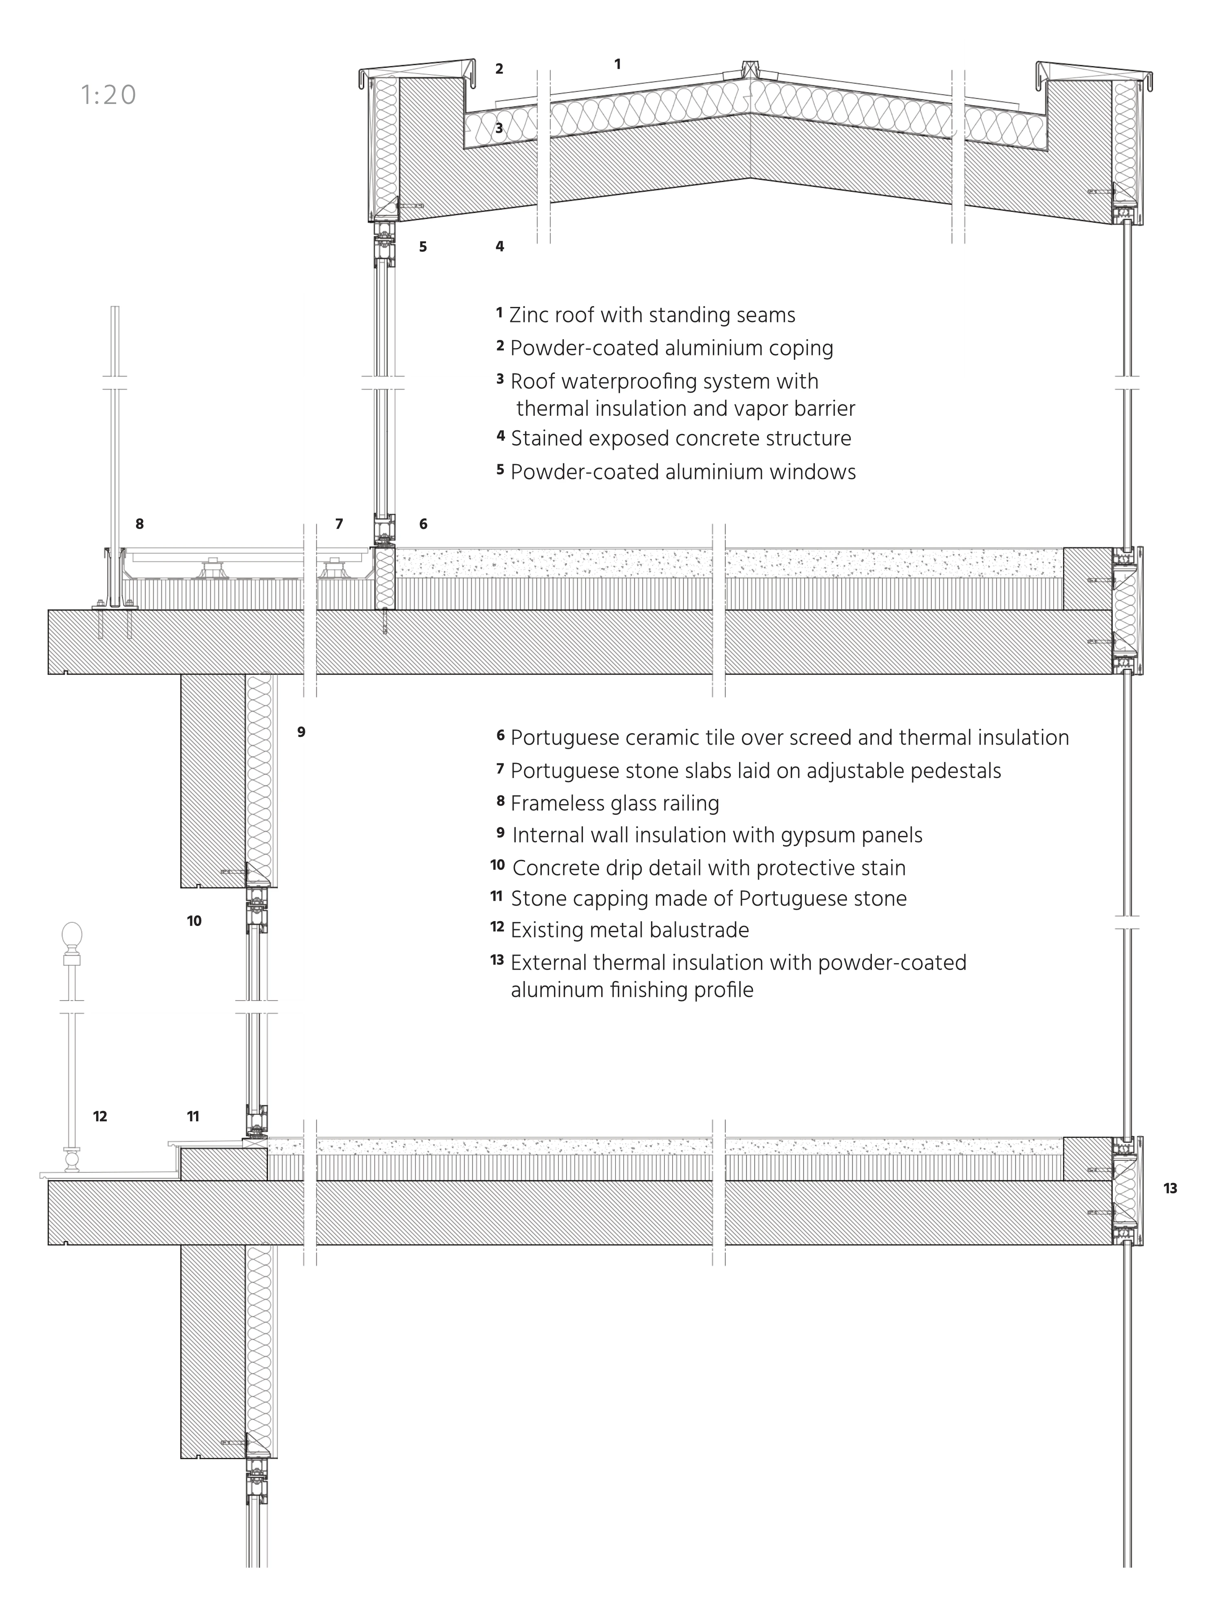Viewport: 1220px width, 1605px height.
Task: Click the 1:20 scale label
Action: [108, 95]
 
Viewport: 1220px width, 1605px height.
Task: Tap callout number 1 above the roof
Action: [617, 65]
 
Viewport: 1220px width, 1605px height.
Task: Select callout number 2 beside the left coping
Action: [499, 69]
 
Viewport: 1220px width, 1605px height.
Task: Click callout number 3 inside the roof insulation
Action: [499, 128]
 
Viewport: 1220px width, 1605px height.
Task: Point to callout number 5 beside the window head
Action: [423, 247]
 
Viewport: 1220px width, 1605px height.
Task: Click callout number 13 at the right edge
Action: [1170, 1188]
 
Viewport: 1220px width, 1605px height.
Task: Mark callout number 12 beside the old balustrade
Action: [100, 1116]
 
